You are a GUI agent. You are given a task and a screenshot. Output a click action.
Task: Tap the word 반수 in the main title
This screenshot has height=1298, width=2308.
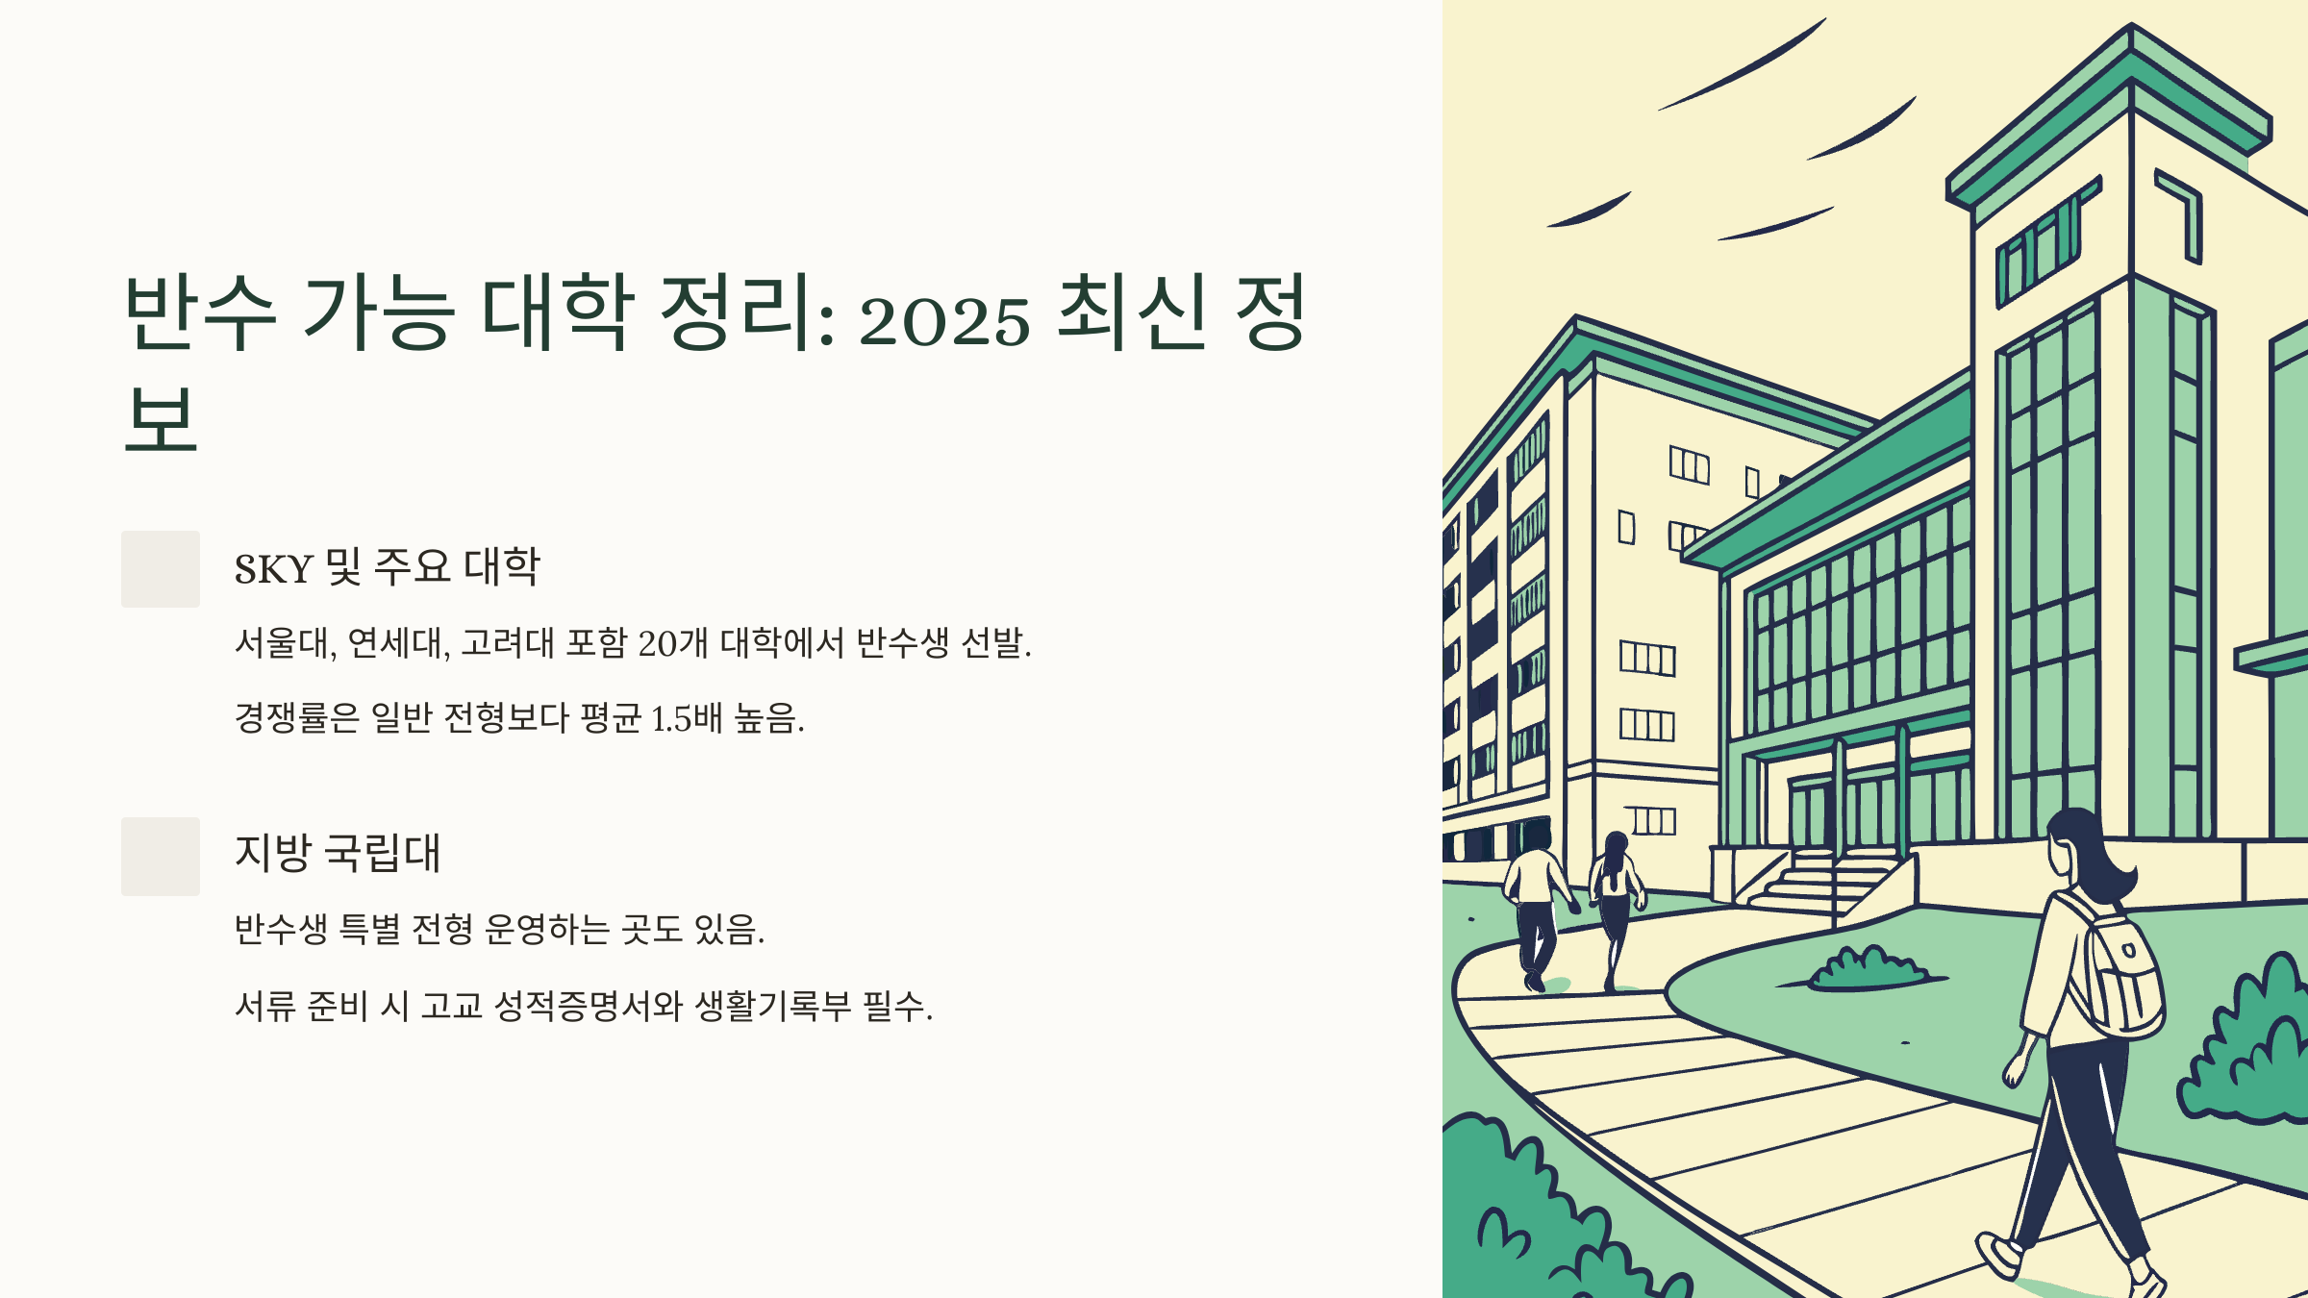[x=200, y=312]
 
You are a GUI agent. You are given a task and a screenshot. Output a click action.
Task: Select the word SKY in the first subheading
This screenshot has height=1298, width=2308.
[x=273, y=569]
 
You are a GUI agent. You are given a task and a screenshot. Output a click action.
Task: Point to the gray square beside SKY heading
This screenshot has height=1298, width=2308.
[x=161, y=569]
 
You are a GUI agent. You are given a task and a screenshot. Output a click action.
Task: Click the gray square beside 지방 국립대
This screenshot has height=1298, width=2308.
[x=161, y=857]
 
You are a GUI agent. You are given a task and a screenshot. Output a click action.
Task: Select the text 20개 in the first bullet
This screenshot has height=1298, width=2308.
[x=673, y=642]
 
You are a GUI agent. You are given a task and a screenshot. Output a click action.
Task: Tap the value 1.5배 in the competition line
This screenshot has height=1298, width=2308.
[x=687, y=718]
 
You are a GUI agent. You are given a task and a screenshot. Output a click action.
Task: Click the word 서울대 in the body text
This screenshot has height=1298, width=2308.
[x=283, y=642]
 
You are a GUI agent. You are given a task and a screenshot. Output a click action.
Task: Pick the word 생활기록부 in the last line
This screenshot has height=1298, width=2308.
[x=773, y=1006]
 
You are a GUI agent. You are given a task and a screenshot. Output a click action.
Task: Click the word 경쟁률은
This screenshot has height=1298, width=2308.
[x=296, y=718]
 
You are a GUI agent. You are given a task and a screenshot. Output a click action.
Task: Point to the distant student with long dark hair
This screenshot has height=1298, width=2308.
[x=1616, y=894]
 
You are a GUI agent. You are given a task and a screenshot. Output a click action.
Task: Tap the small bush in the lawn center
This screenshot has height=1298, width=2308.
[x=1866, y=969]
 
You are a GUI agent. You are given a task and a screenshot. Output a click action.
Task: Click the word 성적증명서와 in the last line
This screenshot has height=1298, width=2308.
[x=588, y=1006]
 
